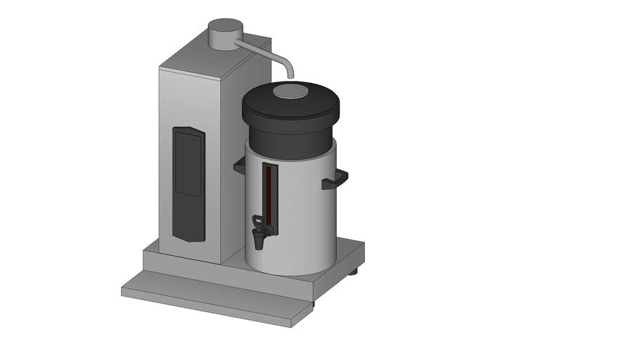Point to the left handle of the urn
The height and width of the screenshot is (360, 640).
[x=240, y=166]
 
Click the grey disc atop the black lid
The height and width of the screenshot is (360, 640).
[x=290, y=91]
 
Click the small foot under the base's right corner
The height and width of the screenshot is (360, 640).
[x=353, y=271]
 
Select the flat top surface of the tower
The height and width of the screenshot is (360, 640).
[x=211, y=58]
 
